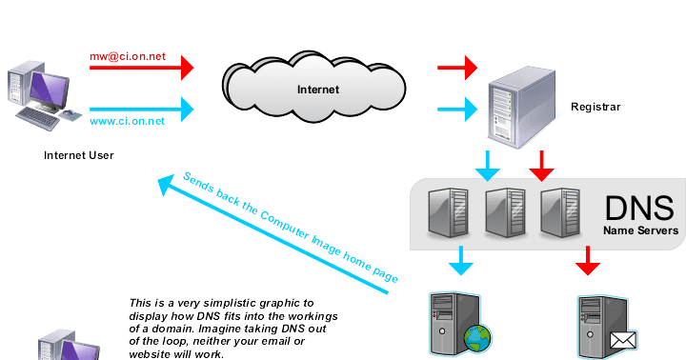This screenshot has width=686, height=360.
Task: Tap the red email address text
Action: point(127,57)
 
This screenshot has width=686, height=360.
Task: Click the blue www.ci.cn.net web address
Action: point(127,121)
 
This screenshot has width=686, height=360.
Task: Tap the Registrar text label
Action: point(595,107)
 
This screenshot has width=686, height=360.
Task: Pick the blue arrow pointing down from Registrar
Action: point(488,164)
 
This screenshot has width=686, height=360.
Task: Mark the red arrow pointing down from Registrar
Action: point(542,164)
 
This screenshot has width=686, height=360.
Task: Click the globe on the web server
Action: point(477,339)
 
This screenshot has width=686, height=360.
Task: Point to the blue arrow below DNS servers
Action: point(461,259)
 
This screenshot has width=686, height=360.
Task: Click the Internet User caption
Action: point(78,153)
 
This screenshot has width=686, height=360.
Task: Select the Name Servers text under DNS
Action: point(639,230)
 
